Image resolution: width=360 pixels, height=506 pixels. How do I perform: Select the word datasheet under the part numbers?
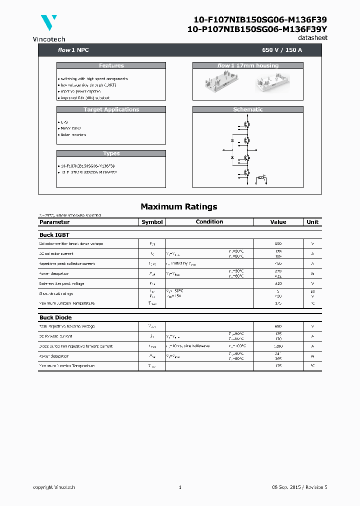tap(312, 38)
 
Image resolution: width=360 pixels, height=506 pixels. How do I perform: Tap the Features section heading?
tap(111, 65)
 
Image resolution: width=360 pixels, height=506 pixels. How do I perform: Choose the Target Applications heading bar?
tap(111, 109)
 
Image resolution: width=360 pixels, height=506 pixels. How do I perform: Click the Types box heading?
tap(111, 153)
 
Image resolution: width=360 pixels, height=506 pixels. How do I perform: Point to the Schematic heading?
tap(247, 109)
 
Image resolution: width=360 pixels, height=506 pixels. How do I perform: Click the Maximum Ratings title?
tap(178, 206)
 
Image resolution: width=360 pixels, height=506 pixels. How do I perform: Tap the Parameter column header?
tap(54, 222)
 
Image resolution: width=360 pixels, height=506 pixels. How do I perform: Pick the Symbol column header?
tap(152, 222)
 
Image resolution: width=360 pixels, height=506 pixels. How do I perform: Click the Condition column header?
tap(209, 221)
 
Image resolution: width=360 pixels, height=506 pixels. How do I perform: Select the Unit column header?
tap(312, 222)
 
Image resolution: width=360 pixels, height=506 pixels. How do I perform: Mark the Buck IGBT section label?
tap(54, 234)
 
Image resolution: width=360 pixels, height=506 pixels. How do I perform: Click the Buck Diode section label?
tap(55, 317)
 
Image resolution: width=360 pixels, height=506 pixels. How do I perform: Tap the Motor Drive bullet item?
tap(70, 128)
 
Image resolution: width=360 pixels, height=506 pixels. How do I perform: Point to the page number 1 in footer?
tap(180, 487)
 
